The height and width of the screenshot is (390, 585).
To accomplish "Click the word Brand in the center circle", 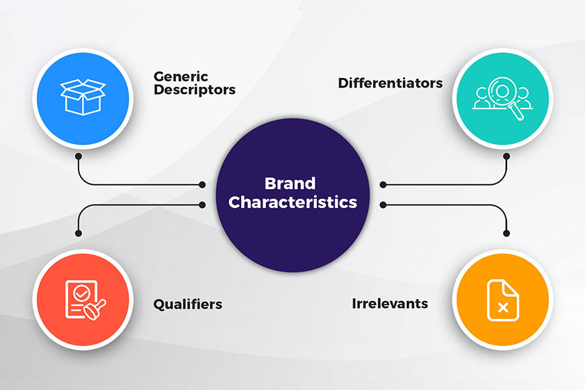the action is [290, 184].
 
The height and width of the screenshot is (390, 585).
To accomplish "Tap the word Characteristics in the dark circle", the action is [292, 202].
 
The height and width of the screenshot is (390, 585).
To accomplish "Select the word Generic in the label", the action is [181, 76].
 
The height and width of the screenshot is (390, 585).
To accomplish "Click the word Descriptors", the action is [195, 90].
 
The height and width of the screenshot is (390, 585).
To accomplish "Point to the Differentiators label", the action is [390, 83].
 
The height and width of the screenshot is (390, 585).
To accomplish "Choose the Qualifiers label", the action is [188, 304].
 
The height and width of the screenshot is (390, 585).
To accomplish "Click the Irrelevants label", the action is [390, 303].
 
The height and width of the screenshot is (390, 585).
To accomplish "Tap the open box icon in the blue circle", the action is [83, 97].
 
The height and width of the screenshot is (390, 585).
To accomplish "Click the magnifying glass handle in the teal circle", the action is [517, 112].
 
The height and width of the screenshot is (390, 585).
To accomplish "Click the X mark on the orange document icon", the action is [503, 307].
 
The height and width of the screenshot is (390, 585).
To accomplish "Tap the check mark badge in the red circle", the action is [81, 293].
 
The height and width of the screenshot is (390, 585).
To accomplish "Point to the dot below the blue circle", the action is [79, 156].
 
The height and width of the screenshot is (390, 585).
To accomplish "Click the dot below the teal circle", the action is [506, 156].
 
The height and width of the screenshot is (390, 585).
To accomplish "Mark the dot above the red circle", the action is [79, 234].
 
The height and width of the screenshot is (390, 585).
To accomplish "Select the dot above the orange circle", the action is [506, 234].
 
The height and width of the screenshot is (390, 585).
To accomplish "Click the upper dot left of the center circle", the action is [202, 184].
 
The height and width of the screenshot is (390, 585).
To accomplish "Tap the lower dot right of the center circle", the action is [383, 205].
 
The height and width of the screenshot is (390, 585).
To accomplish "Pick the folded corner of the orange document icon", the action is [511, 287].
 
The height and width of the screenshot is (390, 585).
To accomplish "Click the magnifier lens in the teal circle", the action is [502, 90].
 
